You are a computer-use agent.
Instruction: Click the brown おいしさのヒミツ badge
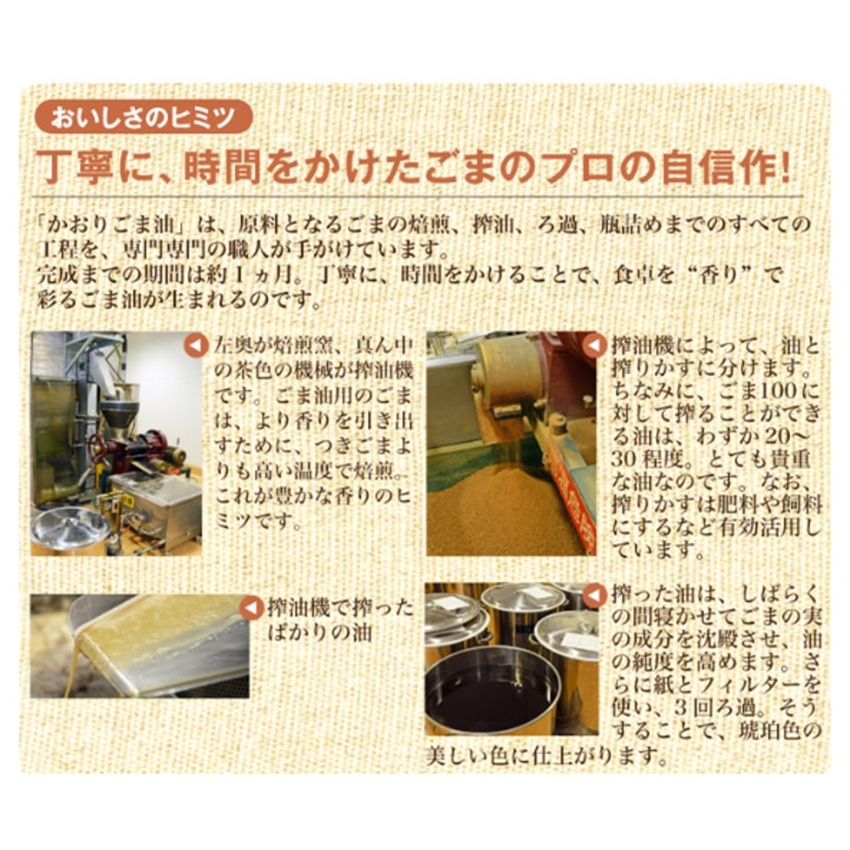click(x=143, y=117)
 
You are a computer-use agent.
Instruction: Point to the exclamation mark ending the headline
click(x=784, y=167)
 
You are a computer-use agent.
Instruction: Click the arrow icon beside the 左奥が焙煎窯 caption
click(x=196, y=346)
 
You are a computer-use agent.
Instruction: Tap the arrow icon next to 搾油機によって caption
click(x=595, y=346)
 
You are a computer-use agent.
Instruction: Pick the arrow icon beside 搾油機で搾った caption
click(x=251, y=608)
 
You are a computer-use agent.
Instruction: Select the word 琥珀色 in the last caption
click(x=769, y=732)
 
